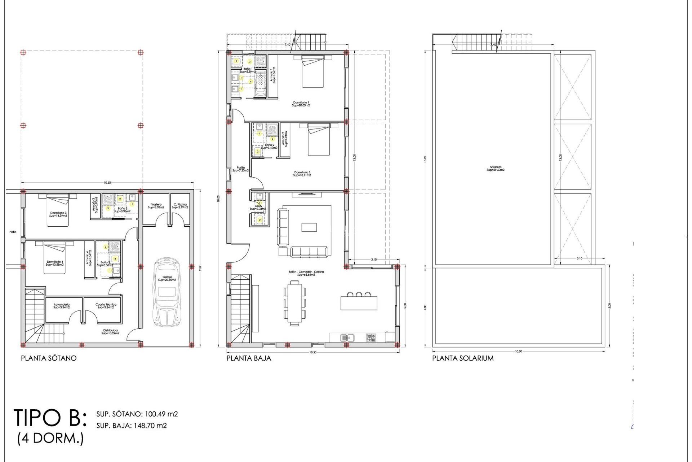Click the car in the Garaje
click(167, 292)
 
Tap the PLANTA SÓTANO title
click(49, 358)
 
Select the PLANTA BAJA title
click(249, 358)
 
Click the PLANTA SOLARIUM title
click(463, 358)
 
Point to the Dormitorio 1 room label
click(301, 104)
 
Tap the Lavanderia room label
click(62, 306)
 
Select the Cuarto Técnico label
click(106, 306)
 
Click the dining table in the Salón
click(295, 303)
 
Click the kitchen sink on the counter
click(347, 338)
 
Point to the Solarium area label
click(496, 169)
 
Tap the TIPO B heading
click(50, 418)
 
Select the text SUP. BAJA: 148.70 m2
click(132, 426)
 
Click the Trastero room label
click(156, 206)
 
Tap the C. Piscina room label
click(180, 206)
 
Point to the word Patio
click(13, 232)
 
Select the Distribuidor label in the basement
click(110, 332)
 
